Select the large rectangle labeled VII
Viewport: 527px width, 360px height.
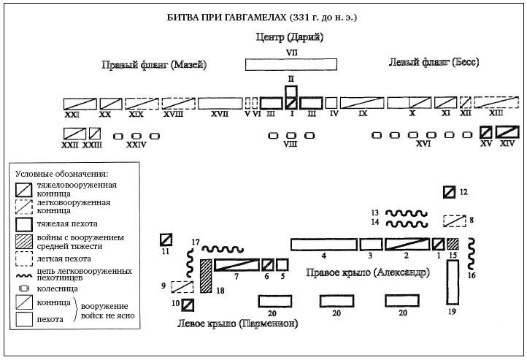[290, 64]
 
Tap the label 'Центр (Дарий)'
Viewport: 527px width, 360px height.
[289, 37]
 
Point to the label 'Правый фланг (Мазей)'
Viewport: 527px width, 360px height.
[154, 65]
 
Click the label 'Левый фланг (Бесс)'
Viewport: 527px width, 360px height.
[423, 64]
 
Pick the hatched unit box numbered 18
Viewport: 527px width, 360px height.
[206, 277]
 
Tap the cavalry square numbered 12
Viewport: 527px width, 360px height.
[450, 192]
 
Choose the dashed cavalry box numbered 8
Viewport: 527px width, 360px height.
[455, 220]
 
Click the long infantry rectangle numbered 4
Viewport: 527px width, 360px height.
[323, 244]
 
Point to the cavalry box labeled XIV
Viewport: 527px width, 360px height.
[507, 132]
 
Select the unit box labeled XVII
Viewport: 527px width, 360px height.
[220, 103]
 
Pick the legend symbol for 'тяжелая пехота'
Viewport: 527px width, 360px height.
[25, 224]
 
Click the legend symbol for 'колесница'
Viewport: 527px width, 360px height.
[25, 288]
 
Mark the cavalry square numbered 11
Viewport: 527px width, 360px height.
[166, 239]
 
